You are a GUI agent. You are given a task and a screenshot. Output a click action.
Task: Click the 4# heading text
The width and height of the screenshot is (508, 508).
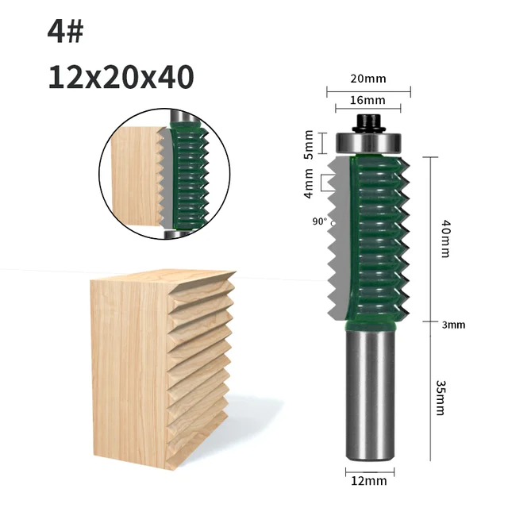coord(65,32)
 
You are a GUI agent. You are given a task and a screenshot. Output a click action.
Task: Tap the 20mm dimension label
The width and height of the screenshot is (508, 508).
coord(367,79)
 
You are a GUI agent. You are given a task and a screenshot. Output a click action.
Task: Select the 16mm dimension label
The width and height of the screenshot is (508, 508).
coord(367,100)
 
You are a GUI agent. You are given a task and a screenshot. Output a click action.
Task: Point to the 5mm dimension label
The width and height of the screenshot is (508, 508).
coord(309,144)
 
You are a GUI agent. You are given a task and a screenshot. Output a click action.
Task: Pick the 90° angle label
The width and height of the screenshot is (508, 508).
coord(319,222)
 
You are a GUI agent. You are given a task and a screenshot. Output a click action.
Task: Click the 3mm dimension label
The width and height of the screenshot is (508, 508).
coord(453,324)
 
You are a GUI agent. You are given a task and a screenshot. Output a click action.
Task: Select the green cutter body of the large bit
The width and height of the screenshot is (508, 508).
coord(373,238)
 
